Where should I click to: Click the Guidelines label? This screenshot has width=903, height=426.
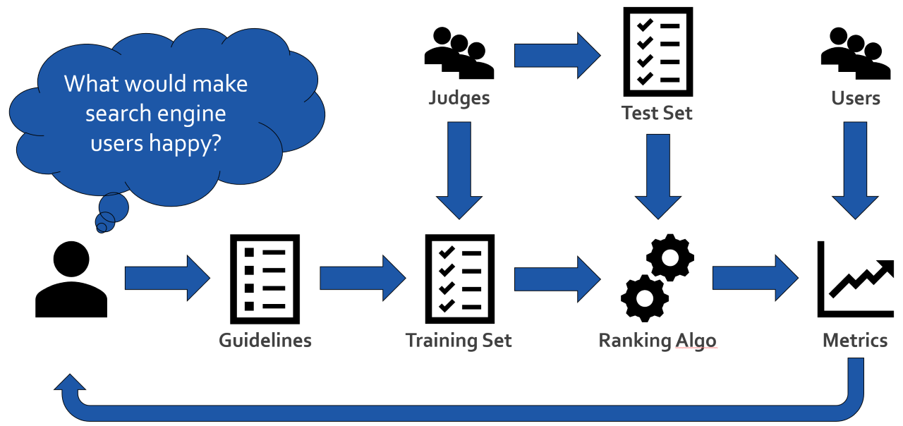[265, 340]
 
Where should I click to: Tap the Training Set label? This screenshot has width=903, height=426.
[459, 340]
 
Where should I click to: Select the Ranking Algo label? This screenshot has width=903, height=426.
[657, 340]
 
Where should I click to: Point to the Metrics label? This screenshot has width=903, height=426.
[855, 340]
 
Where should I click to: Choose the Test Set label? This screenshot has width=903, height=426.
[657, 112]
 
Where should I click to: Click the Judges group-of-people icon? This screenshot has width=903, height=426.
[459, 53]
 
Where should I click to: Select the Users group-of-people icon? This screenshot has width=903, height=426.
[855, 53]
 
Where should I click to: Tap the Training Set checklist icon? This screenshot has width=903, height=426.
[459, 278]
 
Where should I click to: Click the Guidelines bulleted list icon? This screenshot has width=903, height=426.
[265, 278]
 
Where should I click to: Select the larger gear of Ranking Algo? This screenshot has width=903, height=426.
[670, 257]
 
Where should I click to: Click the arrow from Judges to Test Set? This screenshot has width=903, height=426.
[557, 54]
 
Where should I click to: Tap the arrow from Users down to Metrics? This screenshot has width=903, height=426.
[855, 169]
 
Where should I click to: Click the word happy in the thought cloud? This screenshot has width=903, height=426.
[186, 142]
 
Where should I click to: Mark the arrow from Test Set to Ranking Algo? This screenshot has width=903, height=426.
[658, 176]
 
